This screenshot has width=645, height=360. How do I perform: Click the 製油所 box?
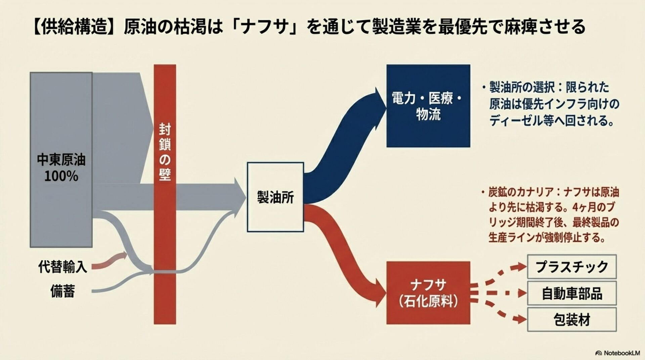point(275,197)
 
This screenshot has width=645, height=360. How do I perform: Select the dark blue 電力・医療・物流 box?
point(428,106)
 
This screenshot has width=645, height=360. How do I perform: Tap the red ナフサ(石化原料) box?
point(428,292)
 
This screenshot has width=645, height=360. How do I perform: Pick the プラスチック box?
point(572,267)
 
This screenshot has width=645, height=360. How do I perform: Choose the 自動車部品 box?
point(572,293)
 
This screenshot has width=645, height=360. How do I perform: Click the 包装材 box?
point(572,320)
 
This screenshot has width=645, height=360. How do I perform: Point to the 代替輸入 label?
point(62,267)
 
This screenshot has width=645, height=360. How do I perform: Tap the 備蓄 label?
point(62,291)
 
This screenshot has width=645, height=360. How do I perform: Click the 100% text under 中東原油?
point(61,176)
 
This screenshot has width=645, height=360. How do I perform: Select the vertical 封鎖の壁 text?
point(165,152)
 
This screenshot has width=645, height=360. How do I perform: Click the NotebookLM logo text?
point(618,353)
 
